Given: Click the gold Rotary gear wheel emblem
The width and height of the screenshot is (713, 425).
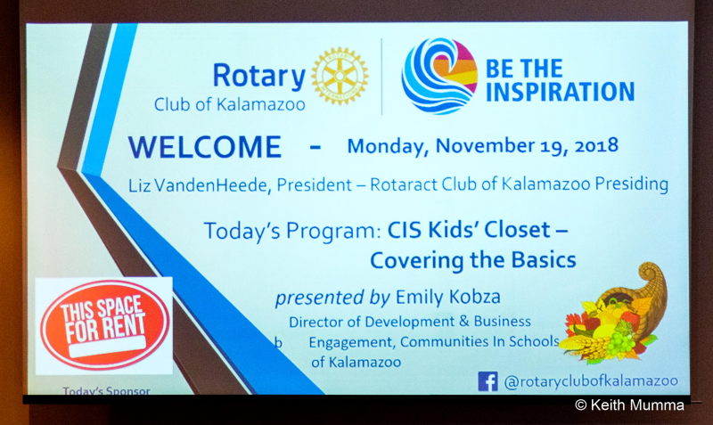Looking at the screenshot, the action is tap(340, 76).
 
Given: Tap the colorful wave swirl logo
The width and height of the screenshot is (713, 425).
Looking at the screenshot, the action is tap(439, 76).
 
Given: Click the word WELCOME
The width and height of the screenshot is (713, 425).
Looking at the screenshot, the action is tap(205, 147).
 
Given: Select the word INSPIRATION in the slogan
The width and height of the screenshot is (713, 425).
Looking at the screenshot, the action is tap(561, 92).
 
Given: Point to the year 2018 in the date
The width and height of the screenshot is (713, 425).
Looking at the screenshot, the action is tap(596, 145).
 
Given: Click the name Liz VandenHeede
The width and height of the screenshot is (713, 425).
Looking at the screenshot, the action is tap(197, 185).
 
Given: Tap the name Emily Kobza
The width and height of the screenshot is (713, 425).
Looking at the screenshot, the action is tap(448, 297).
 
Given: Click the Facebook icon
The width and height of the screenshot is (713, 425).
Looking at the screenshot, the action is tap(488, 381).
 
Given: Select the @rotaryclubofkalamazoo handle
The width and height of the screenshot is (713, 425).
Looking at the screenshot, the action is tap(591, 381).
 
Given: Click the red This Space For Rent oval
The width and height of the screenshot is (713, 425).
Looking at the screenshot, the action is tap(104, 324).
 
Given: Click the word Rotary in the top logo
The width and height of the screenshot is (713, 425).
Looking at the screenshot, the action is tap(259, 76).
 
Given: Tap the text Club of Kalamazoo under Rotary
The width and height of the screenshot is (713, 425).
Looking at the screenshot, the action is tap(230, 104).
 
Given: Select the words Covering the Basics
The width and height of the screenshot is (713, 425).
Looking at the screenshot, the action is tap(473, 260).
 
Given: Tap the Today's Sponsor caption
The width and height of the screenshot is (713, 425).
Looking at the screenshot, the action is tap(106, 390).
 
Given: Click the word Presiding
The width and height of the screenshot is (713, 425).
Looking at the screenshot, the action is tap(632, 184).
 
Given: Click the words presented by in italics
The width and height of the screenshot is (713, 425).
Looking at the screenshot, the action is tap(332, 298).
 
